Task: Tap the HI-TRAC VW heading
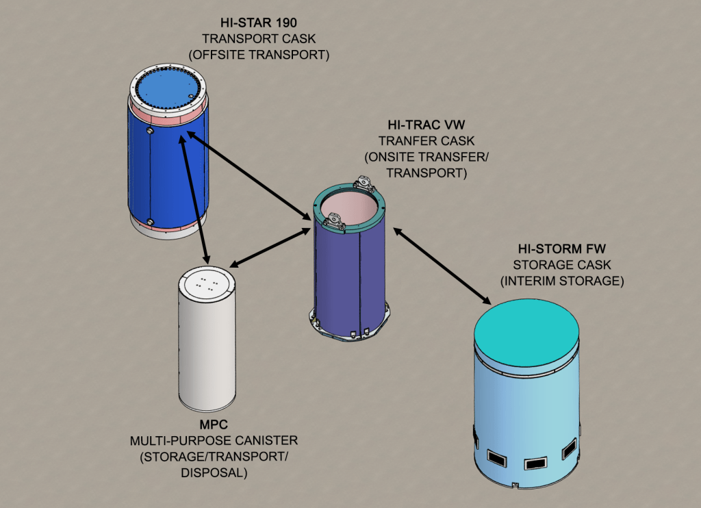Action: tap(427, 126)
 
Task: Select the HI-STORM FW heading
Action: tap(559, 249)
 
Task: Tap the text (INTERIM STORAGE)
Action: tap(559, 281)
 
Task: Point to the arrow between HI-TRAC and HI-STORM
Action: tap(443, 266)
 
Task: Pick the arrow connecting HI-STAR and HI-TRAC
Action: tap(250, 176)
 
